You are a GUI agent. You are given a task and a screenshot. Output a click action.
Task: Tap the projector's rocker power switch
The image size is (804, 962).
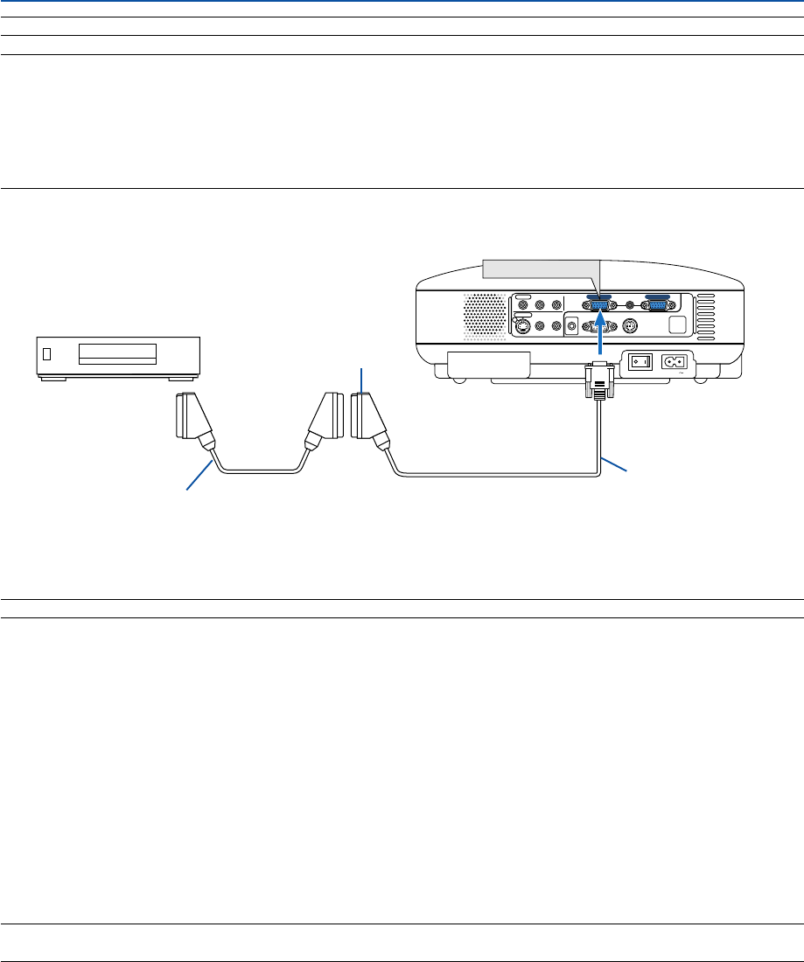tap(642, 361)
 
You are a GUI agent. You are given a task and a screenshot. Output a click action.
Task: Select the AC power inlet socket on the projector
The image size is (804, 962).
tap(675, 361)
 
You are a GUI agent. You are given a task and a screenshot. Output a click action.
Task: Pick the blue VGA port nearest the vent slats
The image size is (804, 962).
tap(657, 305)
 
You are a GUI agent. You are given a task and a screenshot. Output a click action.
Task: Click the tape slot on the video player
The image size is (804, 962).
tap(116, 353)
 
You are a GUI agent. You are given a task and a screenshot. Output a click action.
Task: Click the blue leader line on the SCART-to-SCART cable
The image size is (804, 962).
tap(199, 478)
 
